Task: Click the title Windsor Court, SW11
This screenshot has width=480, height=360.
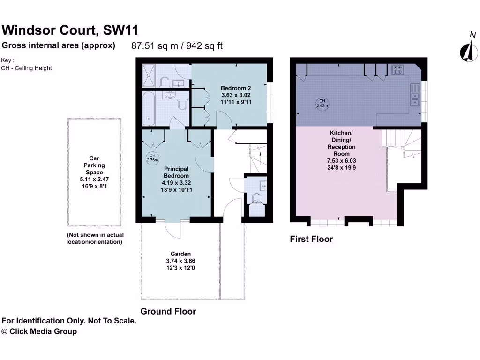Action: point(70,30)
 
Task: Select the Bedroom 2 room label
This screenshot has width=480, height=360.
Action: point(236,88)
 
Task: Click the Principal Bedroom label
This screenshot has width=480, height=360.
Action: point(176,172)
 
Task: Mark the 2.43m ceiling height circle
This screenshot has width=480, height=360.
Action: point(322,103)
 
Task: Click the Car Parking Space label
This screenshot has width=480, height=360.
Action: point(94,165)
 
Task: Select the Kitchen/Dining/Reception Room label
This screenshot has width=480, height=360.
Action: point(341,143)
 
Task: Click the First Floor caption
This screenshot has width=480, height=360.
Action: point(311,239)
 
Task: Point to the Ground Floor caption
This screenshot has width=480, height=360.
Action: point(168,311)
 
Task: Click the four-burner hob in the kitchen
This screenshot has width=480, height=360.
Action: point(397,70)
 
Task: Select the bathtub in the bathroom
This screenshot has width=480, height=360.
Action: point(149,109)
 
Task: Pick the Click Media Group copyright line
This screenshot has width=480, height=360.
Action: point(39,331)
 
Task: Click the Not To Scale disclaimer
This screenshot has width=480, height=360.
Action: point(69,321)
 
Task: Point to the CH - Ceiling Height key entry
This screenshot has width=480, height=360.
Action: point(27,68)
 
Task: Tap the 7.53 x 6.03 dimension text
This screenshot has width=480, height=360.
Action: point(341,160)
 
